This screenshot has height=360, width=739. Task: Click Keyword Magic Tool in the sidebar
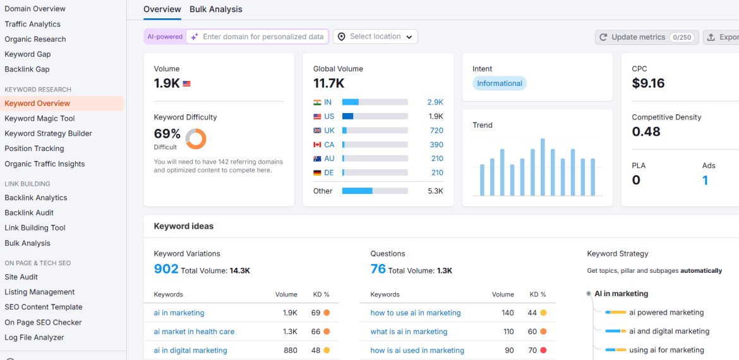pos(40,118)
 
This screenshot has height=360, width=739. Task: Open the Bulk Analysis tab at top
pos(215,9)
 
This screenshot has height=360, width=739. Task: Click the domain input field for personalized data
pos(263,37)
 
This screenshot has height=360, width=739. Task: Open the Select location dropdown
pos(375,37)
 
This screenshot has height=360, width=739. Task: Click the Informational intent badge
pos(500,83)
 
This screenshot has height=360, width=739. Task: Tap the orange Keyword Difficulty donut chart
pos(196,138)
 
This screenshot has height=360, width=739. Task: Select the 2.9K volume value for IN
pos(435,102)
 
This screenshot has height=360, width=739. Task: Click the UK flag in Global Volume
pos(317,130)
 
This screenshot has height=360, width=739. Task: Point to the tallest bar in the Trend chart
pos(543,167)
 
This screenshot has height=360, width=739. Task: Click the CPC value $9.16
pos(648,83)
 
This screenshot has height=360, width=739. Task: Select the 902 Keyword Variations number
pos(166,269)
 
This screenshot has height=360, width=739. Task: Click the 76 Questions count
pos(378,269)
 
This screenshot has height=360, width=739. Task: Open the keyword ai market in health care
pos(194,332)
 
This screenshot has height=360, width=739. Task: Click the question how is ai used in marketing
pos(417,351)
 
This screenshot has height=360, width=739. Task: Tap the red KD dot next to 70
pos(543,351)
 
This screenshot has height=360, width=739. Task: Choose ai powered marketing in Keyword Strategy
pos(666,313)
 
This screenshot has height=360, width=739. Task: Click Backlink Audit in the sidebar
pos(29,213)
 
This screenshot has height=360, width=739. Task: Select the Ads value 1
pos(705,181)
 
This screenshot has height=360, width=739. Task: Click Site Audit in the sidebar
pos(21,277)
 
